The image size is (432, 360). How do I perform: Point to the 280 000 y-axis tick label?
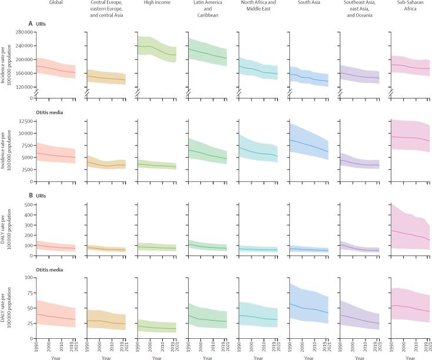tap(21, 31)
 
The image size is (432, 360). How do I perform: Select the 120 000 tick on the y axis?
tap(21, 86)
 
